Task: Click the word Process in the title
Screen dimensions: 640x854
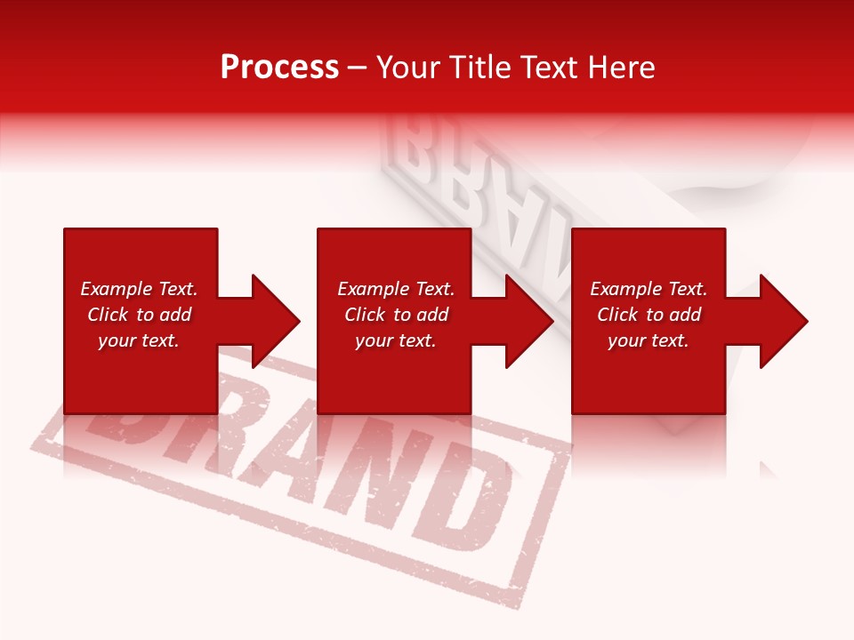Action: click(279, 68)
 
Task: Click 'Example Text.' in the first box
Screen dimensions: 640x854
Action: click(139, 289)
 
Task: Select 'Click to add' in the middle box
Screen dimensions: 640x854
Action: click(396, 315)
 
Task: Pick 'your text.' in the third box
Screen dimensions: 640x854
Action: click(649, 340)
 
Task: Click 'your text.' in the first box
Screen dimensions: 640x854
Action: click(139, 340)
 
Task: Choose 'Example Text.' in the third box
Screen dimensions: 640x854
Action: click(649, 289)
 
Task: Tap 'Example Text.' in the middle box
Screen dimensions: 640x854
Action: click(396, 289)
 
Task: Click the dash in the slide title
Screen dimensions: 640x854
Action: click(358, 68)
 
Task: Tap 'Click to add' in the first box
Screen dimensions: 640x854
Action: click(139, 315)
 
